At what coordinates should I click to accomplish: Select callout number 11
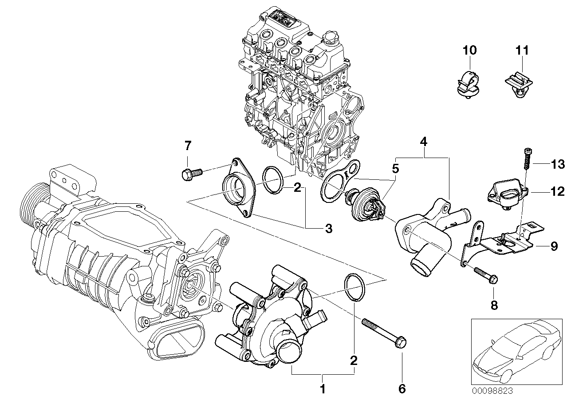click(523, 50)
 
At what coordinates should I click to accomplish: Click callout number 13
click(558, 165)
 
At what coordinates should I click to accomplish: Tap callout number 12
click(558, 192)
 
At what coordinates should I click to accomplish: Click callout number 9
click(554, 246)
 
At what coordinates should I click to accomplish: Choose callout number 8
click(494, 305)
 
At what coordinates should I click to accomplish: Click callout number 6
click(402, 389)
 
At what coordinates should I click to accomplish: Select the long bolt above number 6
click(382, 337)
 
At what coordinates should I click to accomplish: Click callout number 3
click(328, 229)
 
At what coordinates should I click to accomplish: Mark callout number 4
click(424, 143)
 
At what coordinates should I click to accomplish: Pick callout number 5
click(395, 169)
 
